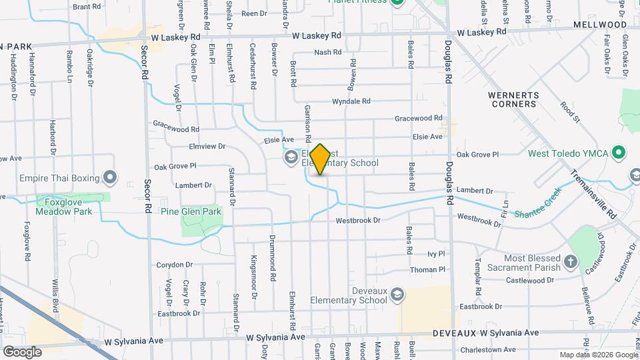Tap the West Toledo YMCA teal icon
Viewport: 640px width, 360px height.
click(619, 153)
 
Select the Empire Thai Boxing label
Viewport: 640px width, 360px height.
click(59, 178)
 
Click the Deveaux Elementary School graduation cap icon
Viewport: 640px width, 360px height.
click(397, 295)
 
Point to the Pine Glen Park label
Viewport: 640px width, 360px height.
click(191, 211)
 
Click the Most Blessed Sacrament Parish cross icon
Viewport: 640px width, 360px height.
click(570, 261)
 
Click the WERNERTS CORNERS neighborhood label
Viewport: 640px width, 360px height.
click(514, 99)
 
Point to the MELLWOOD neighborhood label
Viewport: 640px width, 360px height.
click(600, 25)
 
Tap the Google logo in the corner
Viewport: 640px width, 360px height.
click(22, 351)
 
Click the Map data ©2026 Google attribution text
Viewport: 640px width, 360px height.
click(598, 355)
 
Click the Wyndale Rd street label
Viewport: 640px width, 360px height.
click(351, 101)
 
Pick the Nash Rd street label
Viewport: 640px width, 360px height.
click(327, 52)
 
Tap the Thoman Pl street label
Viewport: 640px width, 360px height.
click(427, 269)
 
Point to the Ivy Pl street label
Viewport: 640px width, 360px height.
click(435, 254)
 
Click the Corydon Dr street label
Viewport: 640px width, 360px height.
click(174, 265)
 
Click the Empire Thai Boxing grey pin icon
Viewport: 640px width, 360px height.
click(111, 178)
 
